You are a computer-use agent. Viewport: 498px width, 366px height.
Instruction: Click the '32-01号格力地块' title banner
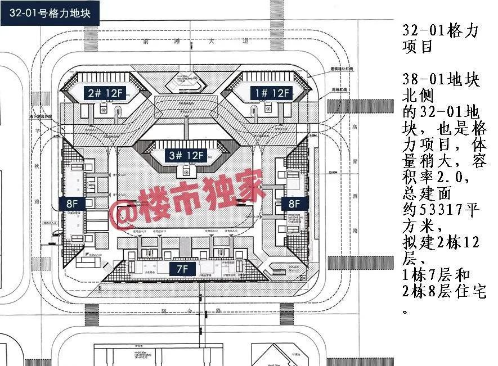click(x=50, y=12)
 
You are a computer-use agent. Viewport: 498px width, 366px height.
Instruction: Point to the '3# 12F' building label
click(x=185, y=155)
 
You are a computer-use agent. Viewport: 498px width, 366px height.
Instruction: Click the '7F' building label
click(x=182, y=269)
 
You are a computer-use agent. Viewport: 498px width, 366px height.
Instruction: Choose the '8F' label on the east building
click(x=294, y=204)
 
